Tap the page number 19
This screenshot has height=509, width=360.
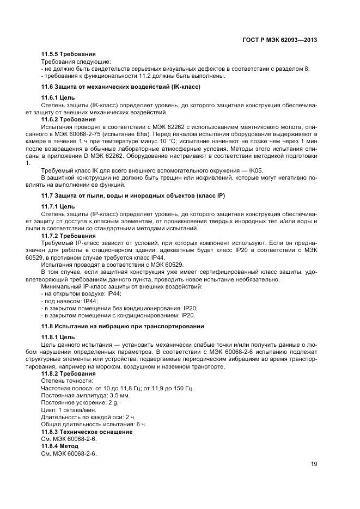click(x=314, y=464)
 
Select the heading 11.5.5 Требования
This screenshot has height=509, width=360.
click(x=69, y=54)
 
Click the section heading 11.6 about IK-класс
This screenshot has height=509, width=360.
click(x=121, y=87)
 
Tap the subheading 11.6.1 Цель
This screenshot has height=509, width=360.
click(x=58, y=97)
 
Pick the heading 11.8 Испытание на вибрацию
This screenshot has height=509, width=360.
click(x=123, y=326)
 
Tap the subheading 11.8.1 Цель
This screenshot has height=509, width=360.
click(x=58, y=337)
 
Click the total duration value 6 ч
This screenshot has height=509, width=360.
click(x=141, y=424)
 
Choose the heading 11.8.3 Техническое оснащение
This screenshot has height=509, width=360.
click(x=87, y=431)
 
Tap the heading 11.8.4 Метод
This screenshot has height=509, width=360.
click(x=60, y=445)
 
